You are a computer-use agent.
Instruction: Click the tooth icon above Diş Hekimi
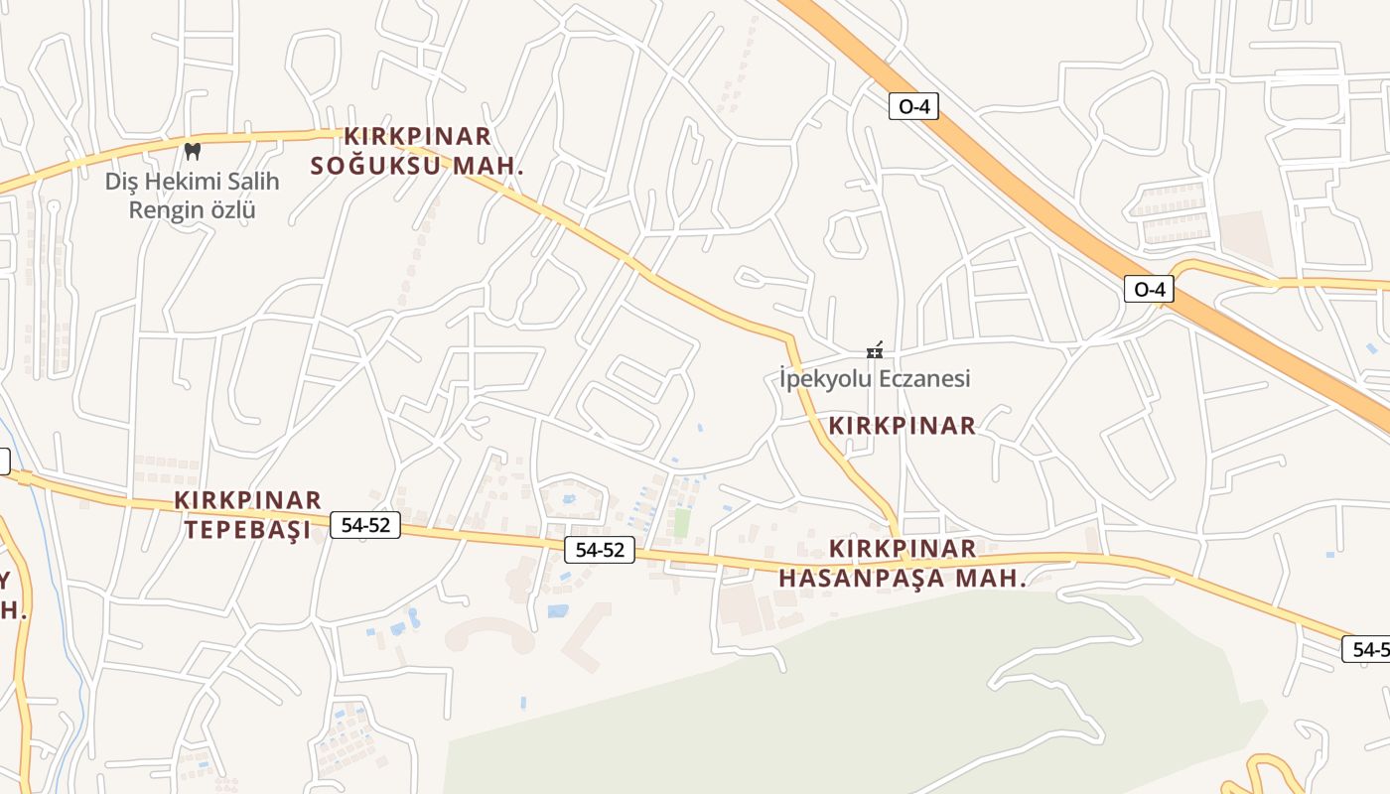click(x=193, y=151)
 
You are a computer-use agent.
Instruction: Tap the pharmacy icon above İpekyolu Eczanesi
click(x=875, y=350)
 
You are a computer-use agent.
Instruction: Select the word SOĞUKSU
click(x=377, y=166)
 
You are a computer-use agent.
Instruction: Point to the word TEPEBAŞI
click(x=247, y=529)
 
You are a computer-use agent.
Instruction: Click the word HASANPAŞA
click(x=862, y=578)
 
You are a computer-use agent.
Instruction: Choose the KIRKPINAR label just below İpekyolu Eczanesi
click(x=903, y=426)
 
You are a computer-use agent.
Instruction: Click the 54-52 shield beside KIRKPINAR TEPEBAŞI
click(x=365, y=525)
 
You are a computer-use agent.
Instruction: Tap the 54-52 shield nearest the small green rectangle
click(x=600, y=549)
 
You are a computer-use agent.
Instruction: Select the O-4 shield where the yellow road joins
click(x=1149, y=289)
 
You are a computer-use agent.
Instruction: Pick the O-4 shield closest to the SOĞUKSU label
click(x=913, y=106)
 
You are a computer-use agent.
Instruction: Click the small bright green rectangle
click(x=681, y=522)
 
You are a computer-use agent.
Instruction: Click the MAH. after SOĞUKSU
click(x=487, y=166)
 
